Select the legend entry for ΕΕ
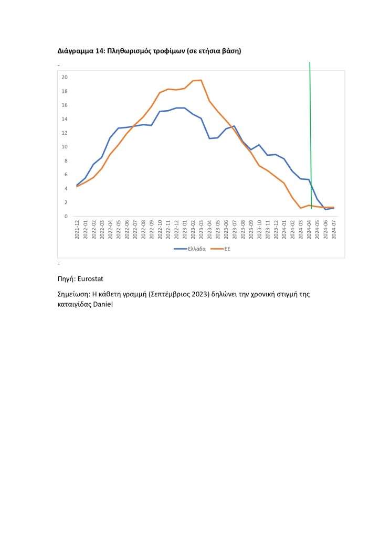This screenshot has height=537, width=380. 227,249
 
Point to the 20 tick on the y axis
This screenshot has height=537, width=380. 65,77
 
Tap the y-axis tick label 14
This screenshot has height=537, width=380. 65,119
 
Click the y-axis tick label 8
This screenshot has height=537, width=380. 66,160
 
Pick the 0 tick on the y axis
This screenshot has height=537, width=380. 66,216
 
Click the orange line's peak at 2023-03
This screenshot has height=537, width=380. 201,80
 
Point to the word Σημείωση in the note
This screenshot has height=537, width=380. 75,294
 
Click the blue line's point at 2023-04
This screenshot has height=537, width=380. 209,138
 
